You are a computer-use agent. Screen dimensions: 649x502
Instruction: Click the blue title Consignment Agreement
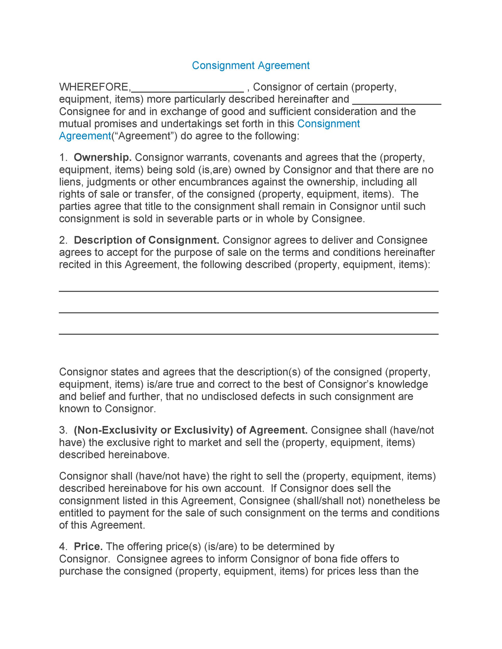(250, 65)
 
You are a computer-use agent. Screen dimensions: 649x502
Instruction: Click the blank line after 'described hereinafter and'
(397, 103)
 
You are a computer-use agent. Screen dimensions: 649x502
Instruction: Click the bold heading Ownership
(103, 158)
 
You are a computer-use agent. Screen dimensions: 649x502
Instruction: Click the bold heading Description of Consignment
(146, 240)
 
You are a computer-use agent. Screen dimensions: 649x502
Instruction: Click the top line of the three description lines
(249, 291)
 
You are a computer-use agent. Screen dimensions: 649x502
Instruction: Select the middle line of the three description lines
(249, 313)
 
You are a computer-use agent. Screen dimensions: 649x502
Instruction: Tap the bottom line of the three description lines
(249, 334)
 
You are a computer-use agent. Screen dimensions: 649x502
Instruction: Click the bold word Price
(88, 546)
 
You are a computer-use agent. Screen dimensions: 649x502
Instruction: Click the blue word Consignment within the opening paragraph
(328, 124)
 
